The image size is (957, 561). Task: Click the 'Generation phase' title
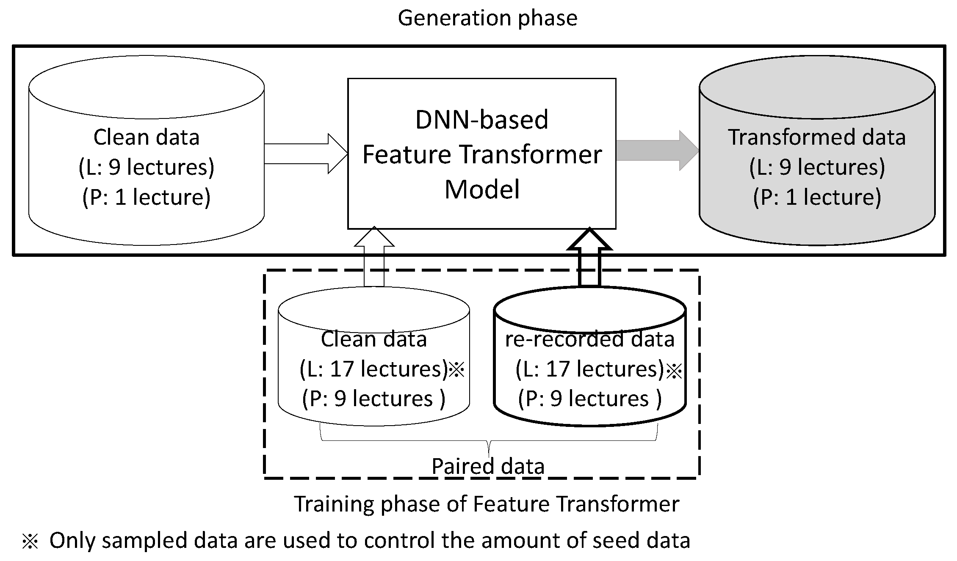(487, 18)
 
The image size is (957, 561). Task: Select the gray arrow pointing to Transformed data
(657, 151)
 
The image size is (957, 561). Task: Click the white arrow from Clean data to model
(306, 154)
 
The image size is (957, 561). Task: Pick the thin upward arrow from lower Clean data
(374, 257)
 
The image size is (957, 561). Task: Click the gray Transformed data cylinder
(817, 151)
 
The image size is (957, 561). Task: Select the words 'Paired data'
(488, 466)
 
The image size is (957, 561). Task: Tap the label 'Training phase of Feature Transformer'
(487, 504)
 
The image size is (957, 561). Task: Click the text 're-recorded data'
(589, 339)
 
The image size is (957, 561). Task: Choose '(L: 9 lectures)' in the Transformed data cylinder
(817, 167)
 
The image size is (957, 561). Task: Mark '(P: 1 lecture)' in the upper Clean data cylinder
(146, 197)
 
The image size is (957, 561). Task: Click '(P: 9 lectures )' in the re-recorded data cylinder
(590, 399)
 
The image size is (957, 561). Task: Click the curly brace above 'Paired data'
(489, 440)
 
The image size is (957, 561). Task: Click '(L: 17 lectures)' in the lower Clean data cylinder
(373, 369)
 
